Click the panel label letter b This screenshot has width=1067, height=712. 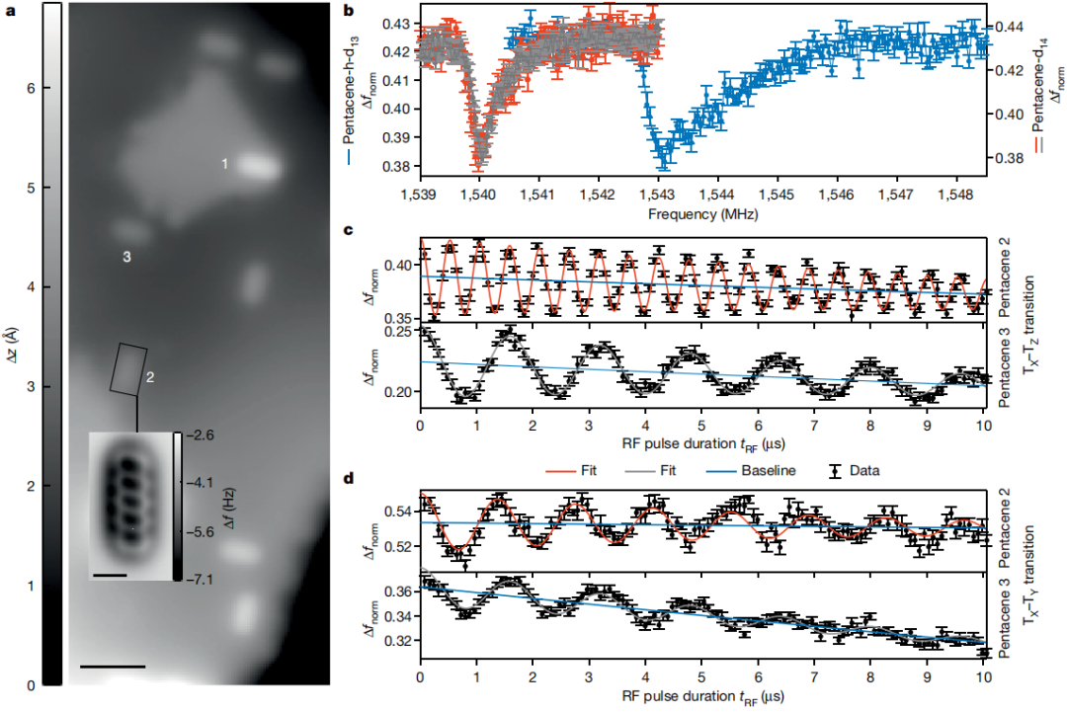click(348, 11)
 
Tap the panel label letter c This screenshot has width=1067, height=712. click(348, 231)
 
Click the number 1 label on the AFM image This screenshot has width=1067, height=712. click(225, 163)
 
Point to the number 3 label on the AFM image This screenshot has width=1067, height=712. click(126, 257)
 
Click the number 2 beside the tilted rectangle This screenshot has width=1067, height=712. click(150, 377)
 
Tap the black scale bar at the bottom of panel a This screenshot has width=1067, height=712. click(112, 667)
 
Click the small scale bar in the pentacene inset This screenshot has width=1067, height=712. click(111, 573)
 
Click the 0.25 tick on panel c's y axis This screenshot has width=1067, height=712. click(395, 332)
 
